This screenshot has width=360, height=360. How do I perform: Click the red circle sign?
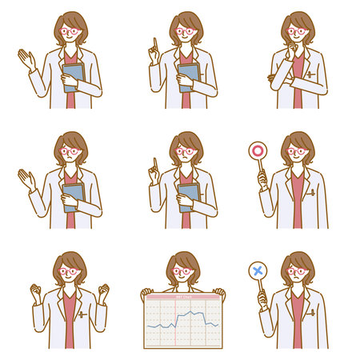[x=258, y=150]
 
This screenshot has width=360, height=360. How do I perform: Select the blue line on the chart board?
[x=184, y=319]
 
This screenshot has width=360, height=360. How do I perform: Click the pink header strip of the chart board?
[x=183, y=295]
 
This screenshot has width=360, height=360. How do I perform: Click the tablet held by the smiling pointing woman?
[x=189, y=75]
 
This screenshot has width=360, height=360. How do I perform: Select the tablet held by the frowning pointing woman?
[x=189, y=196]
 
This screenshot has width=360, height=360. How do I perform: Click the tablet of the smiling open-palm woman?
[x=74, y=75]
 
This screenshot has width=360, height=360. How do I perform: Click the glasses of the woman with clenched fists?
[x=69, y=272]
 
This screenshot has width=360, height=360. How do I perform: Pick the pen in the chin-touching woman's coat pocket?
[x=308, y=74]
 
